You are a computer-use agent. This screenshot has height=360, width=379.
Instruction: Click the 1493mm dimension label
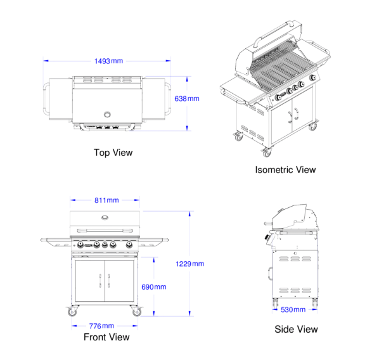(x=108, y=61)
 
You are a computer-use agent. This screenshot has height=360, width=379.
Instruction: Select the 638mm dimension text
(x=187, y=99)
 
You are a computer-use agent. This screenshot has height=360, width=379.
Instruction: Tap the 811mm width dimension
(x=106, y=200)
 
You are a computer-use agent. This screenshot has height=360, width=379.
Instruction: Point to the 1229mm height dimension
(x=189, y=264)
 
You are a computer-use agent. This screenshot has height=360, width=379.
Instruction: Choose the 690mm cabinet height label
(x=154, y=287)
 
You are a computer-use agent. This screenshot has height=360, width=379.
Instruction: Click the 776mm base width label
(x=101, y=326)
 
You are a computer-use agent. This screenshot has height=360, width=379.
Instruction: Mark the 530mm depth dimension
(x=293, y=309)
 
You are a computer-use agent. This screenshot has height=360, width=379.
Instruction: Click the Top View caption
(x=113, y=153)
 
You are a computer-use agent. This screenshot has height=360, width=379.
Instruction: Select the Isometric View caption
(x=285, y=170)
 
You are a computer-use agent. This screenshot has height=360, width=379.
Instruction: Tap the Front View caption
(x=106, y=337)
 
